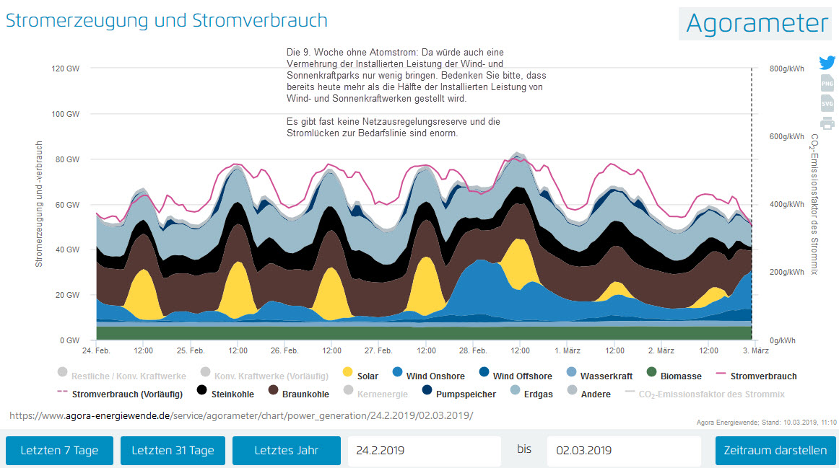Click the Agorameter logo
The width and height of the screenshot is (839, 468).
(x=757, y=23)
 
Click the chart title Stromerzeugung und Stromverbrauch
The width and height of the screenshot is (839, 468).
(x=167, y=20)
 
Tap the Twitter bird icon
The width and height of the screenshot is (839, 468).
(x=827, y=63)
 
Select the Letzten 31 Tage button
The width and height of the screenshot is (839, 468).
(x=173, y=451)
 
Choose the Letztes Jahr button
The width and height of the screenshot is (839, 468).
(x=286, y=451)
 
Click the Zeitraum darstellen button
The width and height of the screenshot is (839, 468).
(x=775, y=451)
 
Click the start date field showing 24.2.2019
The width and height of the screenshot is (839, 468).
(x=424, y=451)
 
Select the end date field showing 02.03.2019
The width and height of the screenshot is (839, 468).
(x=623, y=451)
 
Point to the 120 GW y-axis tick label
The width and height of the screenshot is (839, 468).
(x=65, y=69)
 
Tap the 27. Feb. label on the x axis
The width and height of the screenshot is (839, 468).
(x=378, y=350)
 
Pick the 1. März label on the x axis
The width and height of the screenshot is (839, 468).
(x=567, y=350)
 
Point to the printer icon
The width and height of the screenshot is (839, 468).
(x=827, y=123)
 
